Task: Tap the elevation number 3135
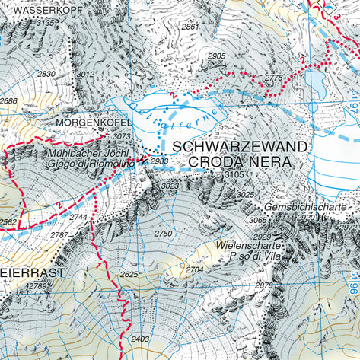point(46,24)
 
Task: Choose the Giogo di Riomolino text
point(88,163)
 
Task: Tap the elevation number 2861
point(190,27)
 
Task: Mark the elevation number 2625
point(129,274)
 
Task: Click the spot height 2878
point(263,285)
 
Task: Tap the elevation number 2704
point(195,269)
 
